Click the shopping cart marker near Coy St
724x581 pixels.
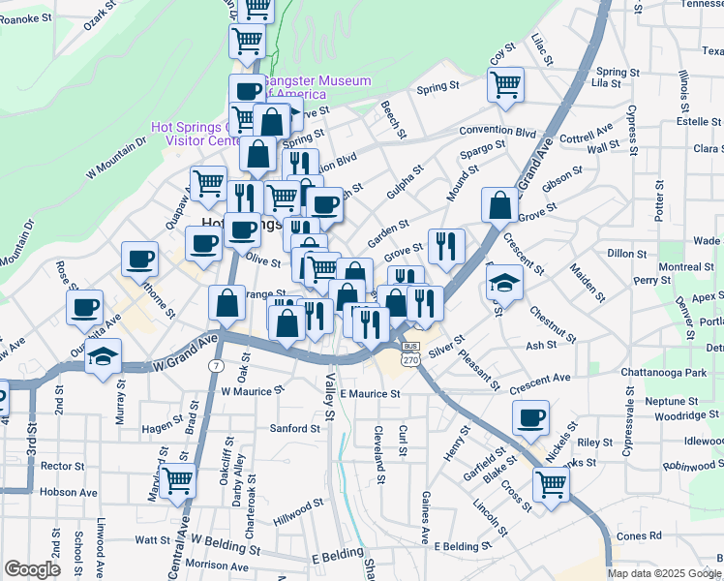tap(505, 84)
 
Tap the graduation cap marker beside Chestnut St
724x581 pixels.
tap(503, 282)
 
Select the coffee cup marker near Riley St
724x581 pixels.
tap(529, 417)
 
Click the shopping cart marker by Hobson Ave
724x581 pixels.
tap(177, 479)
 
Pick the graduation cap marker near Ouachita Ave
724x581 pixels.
tap(103, 355)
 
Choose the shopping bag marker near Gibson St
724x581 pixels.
tap(499, 204)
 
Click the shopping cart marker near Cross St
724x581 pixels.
tap(551, 482)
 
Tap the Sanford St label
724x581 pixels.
tap(295, 428)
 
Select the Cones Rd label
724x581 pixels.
tap(639, 535)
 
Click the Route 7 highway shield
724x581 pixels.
tap(215, 364)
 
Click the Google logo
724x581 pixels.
tap(32, 569)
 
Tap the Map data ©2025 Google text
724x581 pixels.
tap(664, 573)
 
